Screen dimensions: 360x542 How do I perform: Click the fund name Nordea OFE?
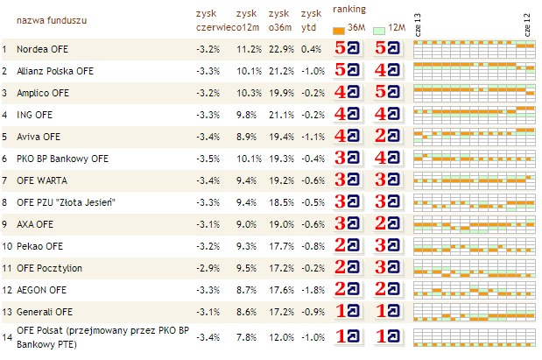click(41, 48)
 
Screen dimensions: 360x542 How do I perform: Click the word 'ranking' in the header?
click(348, 8)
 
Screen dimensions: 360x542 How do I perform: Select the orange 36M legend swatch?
click(341, 31)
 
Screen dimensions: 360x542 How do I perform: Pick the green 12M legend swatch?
click(378, 31)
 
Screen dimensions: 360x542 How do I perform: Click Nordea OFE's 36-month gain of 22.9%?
click(280, 48)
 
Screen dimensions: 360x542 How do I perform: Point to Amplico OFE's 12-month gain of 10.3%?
click(249, 92)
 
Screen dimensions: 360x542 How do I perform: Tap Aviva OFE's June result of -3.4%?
click(208, 136)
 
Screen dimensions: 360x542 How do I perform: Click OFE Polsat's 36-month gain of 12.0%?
click(280, 335)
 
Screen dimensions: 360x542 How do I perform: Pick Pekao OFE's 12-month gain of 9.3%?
click(250, 245)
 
